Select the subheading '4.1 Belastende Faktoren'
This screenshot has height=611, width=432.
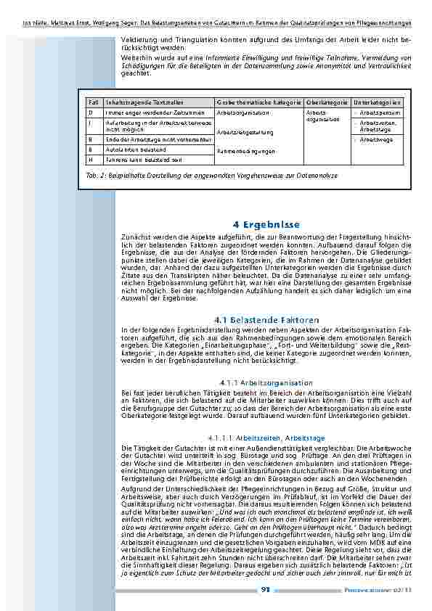pyautogui.click(x=267, y=319)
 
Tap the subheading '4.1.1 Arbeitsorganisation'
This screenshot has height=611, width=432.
pyautogui.click(x=266, y=382)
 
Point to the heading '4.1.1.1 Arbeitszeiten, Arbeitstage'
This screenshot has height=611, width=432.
pyautogui.click(x=266, y=438)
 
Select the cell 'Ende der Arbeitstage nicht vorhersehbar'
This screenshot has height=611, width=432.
pyautogui.click(x=149, y=138)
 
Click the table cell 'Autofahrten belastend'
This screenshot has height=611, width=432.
pyautogui.click(x=131, y=149)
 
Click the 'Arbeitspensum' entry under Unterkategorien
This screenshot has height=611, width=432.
pyautogui.click(x=380, y=113)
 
